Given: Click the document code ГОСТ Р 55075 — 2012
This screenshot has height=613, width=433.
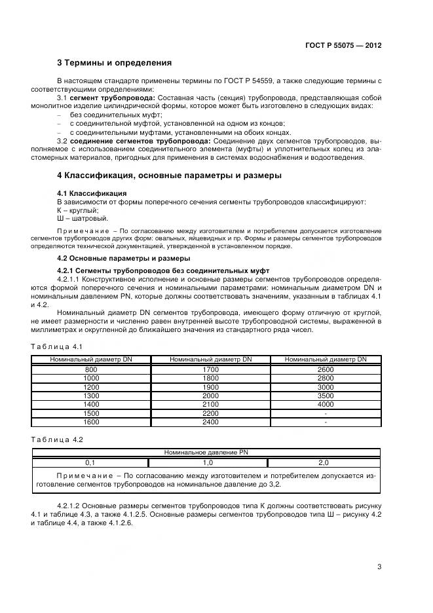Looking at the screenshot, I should coord(343,46).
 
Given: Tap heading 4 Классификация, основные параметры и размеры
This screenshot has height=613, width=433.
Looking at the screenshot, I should coord(169,176).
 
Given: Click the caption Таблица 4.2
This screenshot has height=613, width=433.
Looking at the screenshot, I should coord(57,439).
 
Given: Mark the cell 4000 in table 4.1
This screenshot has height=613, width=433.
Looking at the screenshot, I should coord(326,405).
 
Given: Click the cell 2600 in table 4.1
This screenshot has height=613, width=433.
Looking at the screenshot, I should coord(326,370).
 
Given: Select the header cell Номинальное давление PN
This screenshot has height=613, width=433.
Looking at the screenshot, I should coord(206,452).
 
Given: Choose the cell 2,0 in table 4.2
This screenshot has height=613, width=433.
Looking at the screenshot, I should coord(323,462).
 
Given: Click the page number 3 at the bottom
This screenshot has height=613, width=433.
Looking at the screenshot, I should coord(379,567).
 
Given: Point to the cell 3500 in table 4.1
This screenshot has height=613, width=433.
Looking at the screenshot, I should coord(326,396).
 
